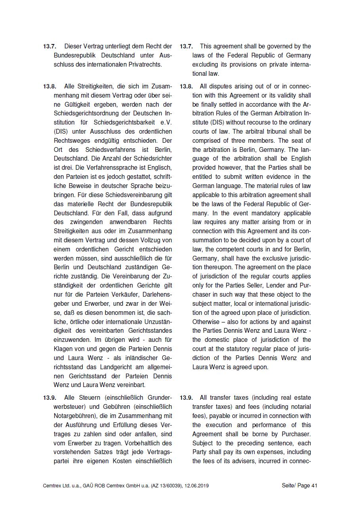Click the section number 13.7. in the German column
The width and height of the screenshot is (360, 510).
(50, 46)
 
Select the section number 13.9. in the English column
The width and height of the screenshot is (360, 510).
(186, 398)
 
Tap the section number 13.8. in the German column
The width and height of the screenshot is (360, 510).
(50, 86)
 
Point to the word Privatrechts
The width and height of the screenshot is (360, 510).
(144, 64)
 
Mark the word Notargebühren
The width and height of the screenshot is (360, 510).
(73, 416)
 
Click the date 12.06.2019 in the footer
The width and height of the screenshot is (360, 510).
(196, 485)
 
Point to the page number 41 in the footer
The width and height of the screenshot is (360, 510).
(314, 485)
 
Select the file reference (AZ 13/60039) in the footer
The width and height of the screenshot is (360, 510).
(165, 485)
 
